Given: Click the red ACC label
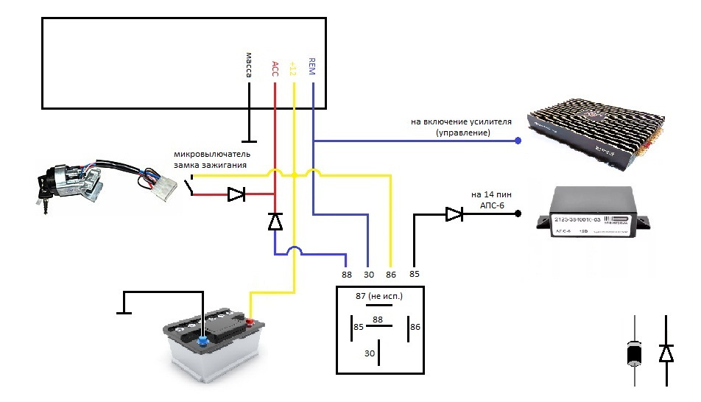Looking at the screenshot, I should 275,68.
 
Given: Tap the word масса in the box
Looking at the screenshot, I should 249,66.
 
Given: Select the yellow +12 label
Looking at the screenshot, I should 293,68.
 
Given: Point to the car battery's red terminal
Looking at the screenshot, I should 250,322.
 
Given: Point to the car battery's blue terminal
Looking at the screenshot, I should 202,339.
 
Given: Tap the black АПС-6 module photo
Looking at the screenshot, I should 599,218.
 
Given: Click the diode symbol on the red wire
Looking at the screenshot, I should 236,195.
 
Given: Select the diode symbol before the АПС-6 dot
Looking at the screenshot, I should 454,214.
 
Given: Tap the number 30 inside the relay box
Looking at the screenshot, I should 370,354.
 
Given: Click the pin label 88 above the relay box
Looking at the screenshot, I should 347,275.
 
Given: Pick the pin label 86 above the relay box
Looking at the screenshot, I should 391,275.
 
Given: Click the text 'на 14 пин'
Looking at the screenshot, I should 486,194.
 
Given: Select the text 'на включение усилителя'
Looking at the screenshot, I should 463,120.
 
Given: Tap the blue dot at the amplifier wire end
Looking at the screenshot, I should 518,140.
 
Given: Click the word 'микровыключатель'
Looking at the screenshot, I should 212,155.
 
